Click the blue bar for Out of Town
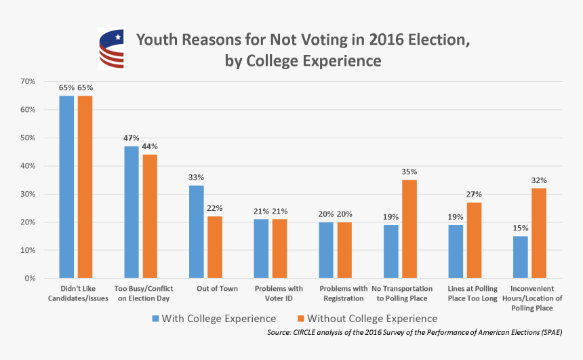coord(196,232)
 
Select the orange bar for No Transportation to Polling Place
coord(409,229)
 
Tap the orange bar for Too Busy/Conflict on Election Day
coord(149,216)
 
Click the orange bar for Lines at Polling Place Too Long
coord(475,240)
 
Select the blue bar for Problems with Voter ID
coord(261,249)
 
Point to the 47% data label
coord(131,138)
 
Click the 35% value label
coord(409,172)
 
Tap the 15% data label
coord(521,228)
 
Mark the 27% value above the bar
coord(475,195)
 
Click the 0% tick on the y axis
coord(30,279)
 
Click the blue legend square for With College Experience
coord(155,319)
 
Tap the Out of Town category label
coord(205,289)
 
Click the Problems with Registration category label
coord(343,294)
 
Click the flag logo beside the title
coord(111,49)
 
